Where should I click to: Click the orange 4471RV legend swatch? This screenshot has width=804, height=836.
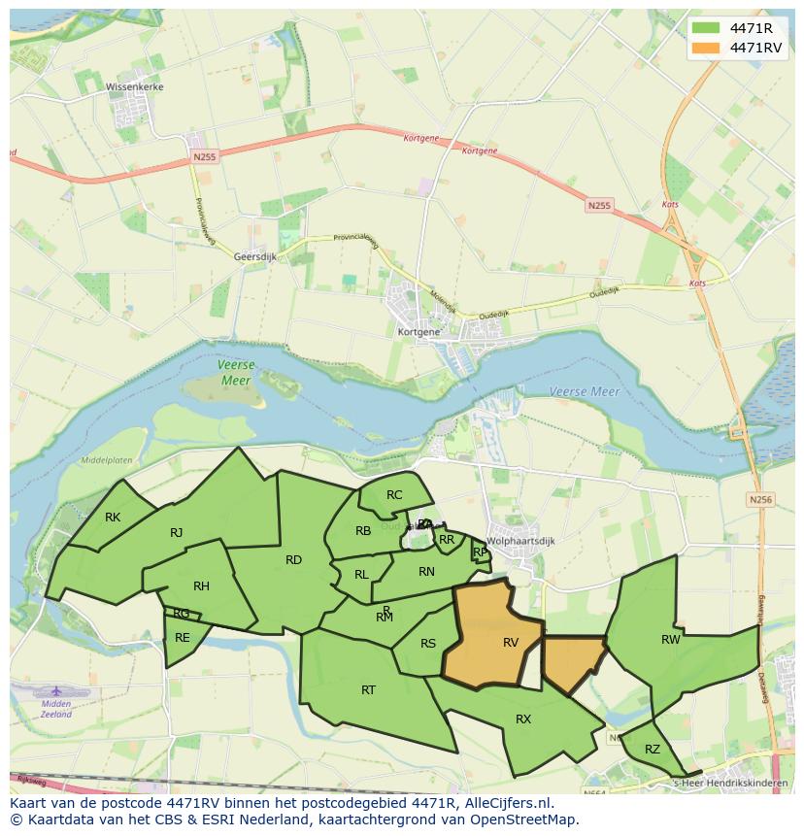[707, 48]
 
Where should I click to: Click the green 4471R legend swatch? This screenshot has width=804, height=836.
[707, 27]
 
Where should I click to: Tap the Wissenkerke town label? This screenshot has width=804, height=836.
[135, 86]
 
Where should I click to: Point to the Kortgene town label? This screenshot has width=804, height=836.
[419, 331]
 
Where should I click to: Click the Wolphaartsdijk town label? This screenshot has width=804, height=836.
[520, 541]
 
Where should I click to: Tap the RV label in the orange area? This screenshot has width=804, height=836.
[511, 642]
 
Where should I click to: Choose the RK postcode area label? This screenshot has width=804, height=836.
[113, 517]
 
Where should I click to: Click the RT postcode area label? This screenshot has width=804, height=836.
[368, 689]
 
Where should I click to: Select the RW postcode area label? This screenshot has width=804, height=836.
[670, 639]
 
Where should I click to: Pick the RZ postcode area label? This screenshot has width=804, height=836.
[652, 749]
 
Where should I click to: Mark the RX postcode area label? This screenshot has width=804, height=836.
[523, 719]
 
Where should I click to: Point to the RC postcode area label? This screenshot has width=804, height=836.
[394, 495]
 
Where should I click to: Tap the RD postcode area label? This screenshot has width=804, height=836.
[293, 559]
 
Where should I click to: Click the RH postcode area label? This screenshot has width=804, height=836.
[201, 585]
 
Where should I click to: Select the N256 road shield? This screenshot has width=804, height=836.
[760, 499]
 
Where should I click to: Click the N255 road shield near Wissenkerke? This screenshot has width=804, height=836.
[204, 156]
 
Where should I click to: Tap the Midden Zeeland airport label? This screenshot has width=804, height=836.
[56, 709]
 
